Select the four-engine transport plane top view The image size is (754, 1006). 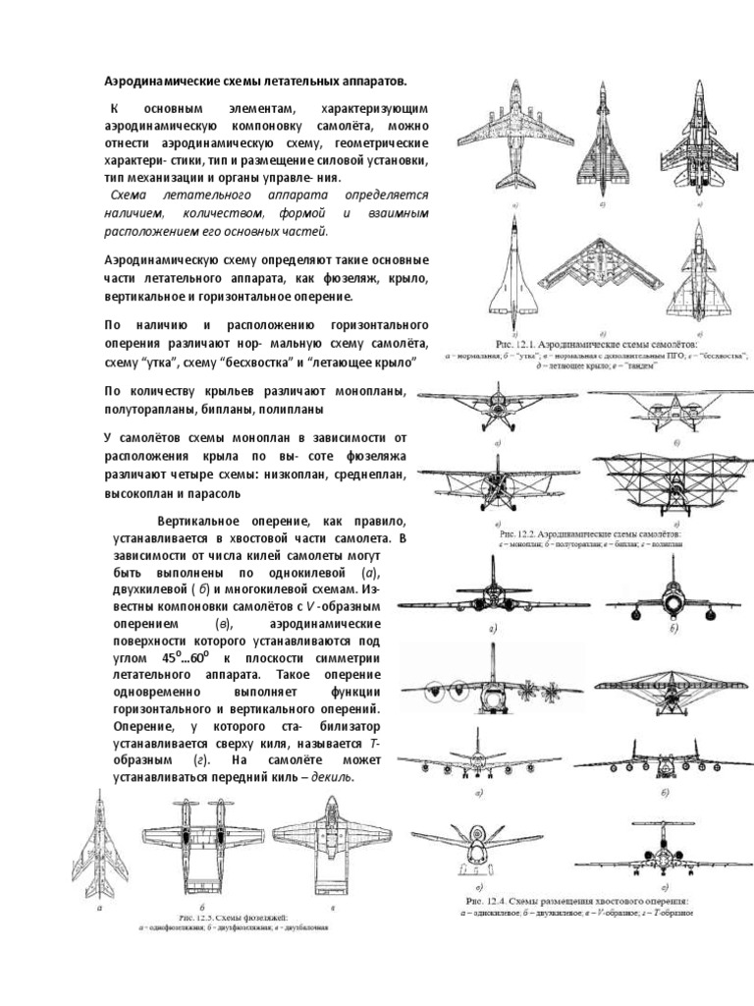coord(514,140)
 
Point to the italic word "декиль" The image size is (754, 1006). coord(331,778)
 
